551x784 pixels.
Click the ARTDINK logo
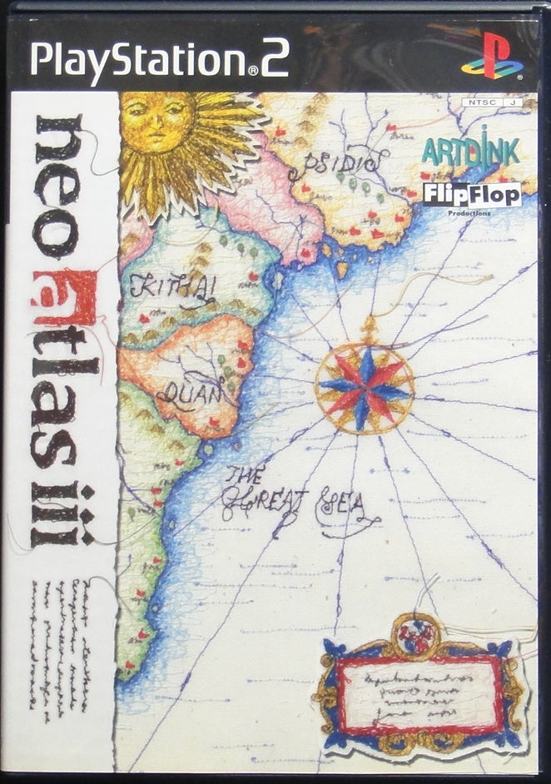[470, 151]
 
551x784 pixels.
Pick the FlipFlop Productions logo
[472, 196]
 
